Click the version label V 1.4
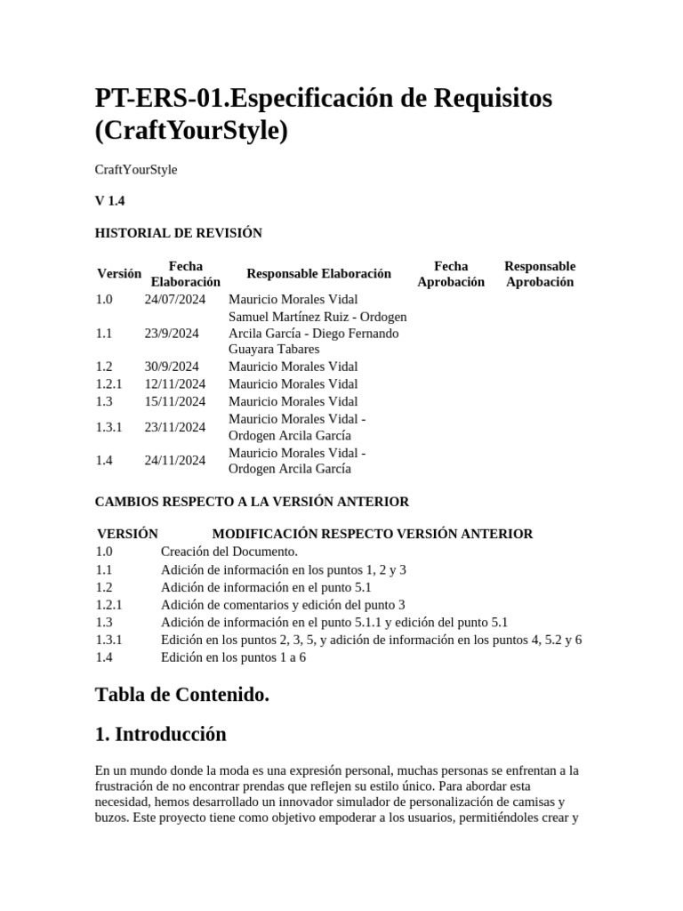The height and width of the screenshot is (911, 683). point(109,201)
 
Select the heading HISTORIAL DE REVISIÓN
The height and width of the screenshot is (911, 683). point(178,233)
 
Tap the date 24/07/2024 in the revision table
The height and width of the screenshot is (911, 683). point(175,299)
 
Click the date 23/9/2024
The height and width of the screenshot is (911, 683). point(172,333)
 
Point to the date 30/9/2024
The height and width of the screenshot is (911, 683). point(172,366)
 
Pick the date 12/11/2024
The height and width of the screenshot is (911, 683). point(175,383)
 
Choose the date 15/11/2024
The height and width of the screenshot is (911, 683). point(175,401)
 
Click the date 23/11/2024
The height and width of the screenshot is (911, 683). point(175,427)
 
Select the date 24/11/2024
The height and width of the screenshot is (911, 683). point(175,460)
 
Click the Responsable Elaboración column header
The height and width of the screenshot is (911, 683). point(318,273)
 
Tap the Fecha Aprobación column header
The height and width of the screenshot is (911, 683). point(451,273)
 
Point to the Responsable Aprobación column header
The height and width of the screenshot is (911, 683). point(539,273)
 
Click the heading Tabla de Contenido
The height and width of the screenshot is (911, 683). point(181,695)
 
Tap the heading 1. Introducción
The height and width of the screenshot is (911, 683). point(160,734)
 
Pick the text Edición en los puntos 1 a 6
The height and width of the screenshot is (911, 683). point(233,657)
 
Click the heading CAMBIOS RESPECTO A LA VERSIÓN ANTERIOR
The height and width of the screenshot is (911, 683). point(252,502)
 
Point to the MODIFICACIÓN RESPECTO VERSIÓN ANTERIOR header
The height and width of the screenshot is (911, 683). point(373,534)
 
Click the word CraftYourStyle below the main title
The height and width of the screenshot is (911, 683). point(136,169)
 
